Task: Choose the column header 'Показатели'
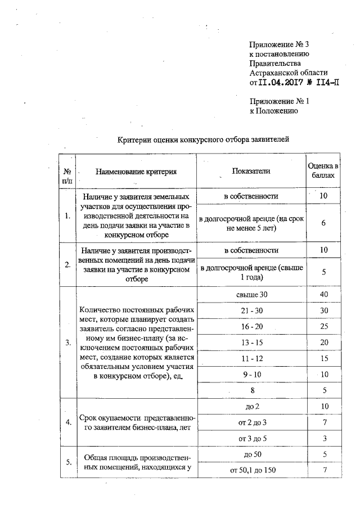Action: [x=250, y=170]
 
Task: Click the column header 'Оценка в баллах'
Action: [x=323, y=170]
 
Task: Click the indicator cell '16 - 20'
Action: [x=251, y=327]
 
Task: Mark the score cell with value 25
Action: [x=323, y=327]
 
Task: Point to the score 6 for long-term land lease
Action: [x=323, y=223]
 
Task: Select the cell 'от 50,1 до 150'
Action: [x=251, y=469]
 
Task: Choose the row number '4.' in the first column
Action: [x=68, y=422]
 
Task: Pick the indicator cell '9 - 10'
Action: [x=251, y=374]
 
